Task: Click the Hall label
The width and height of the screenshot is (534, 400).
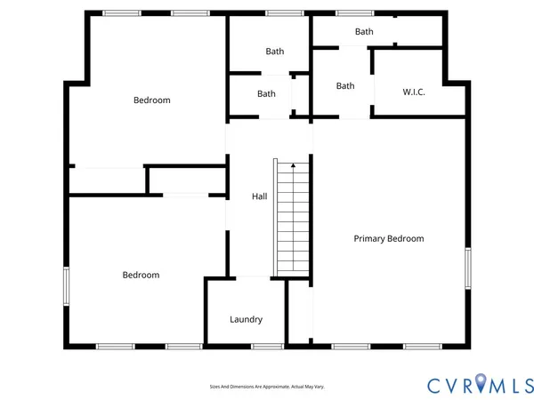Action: point(259,196)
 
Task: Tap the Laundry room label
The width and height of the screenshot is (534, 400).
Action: point(246,319)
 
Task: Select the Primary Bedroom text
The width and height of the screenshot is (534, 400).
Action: point(388,238)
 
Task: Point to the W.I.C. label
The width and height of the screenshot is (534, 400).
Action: point(414,92)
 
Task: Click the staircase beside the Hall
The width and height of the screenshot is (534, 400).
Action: point(292,219)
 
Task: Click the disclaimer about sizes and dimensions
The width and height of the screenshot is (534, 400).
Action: point(266,387)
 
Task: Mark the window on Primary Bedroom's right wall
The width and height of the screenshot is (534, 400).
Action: point(467,268)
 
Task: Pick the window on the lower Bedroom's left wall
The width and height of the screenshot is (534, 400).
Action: point(66,286)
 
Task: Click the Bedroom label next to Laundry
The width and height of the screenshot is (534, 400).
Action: point(141,275)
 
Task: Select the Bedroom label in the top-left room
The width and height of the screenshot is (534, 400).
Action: point(151,100)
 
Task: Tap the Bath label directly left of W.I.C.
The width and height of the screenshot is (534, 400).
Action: point(345,86)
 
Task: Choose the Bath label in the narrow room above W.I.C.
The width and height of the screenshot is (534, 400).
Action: point(364,32)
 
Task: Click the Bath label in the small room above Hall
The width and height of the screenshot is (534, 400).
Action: point(267,93)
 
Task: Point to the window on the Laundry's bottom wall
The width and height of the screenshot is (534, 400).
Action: point(266,345)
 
